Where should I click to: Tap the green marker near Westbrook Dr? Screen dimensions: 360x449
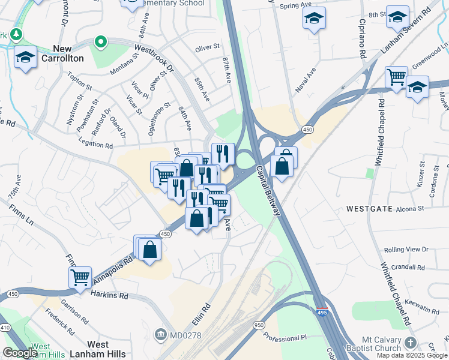point(101,43)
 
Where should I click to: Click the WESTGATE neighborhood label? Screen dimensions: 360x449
point(369,209)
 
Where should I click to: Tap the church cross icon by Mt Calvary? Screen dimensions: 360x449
point(410,343)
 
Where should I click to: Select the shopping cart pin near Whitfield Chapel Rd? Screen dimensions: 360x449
point(396,77)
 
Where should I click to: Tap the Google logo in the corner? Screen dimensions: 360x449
point(20,352)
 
